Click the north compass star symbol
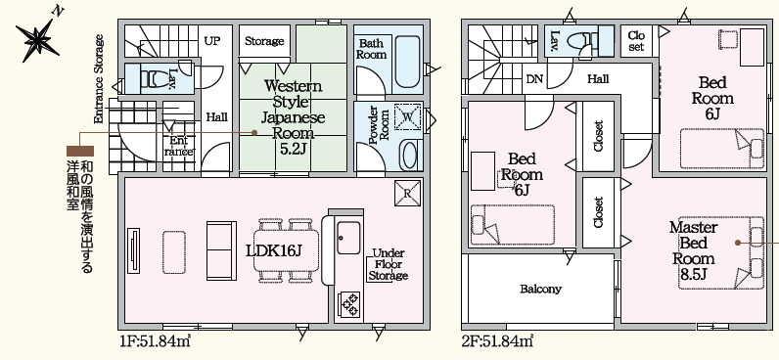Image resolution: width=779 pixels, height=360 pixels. (38, 40)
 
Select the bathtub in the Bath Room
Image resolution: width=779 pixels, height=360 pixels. (408, 62)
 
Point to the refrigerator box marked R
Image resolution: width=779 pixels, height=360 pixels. (407, 193)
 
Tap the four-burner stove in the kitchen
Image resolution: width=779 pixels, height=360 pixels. (348, 304)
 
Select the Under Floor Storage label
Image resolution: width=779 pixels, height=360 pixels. (389, 264)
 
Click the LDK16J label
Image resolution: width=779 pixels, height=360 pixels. (274, 250)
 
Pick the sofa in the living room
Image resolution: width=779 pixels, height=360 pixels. (221, 250)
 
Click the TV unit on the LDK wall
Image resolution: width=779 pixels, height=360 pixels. (133, 250)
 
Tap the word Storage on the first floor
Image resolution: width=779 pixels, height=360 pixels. (264, 41)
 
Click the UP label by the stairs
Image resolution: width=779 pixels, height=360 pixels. (211, 41)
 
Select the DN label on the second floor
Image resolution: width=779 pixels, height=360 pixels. (534, 79)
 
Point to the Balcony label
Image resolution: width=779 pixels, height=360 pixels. (540, 289)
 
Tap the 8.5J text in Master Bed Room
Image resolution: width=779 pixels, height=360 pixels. (693, 275)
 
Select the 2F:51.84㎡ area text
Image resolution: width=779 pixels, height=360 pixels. (497, 341)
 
